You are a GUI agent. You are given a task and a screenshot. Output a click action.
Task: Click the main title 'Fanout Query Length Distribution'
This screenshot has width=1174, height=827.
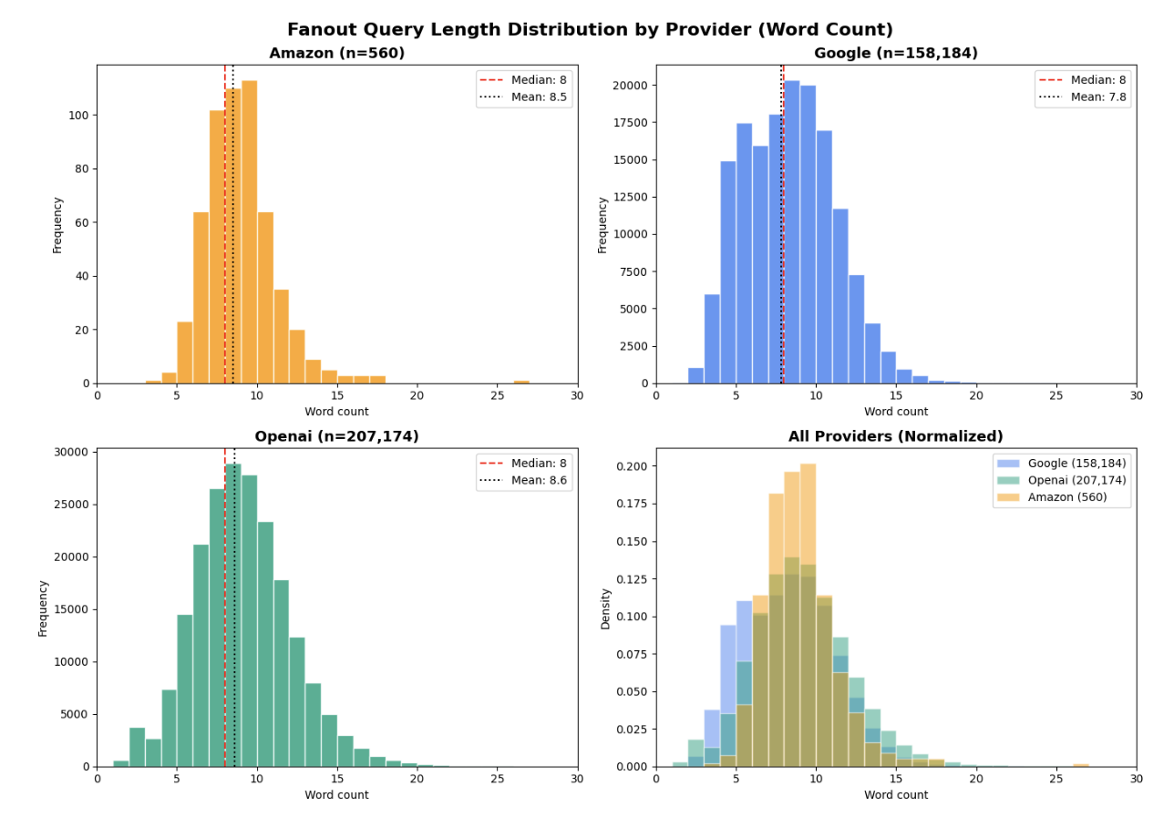pos(590,30)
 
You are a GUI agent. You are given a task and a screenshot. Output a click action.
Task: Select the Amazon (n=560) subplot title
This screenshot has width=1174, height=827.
pos(336,54)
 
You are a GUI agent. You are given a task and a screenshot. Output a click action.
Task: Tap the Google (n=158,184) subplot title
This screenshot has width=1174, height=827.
pos(895,54)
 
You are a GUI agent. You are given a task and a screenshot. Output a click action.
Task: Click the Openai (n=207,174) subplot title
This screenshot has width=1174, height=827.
pos(336,437)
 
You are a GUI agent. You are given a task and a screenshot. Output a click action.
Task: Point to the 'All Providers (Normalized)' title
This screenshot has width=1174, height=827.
pos(895,437)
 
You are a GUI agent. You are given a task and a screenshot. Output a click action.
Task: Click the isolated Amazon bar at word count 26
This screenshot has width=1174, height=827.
pos(521,382)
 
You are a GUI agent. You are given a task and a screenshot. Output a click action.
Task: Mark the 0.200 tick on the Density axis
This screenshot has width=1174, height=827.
pos(629,466)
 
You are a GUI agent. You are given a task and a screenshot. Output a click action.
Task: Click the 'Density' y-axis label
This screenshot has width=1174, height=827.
pos(605,607)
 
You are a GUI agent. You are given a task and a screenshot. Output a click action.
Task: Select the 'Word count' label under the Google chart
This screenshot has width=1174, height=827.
pos(895,412)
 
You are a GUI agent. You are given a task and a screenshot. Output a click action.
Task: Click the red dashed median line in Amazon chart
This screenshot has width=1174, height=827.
pos(225,273)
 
